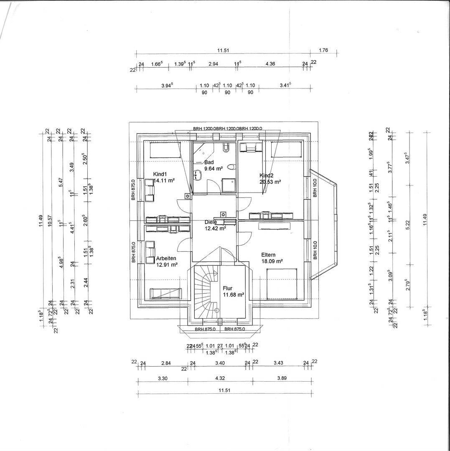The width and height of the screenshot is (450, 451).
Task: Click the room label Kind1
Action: (x=160, y=174)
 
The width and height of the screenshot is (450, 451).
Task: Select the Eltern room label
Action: (x=268, y=255)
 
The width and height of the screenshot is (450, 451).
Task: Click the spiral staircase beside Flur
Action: (x=205, y=292)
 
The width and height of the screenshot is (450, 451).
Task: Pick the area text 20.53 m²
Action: (x=270, y=182)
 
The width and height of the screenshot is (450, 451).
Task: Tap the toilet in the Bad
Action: (x=231, y=167)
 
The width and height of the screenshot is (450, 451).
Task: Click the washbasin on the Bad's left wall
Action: (x=198, y=175)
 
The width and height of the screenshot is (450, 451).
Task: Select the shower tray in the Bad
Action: (x=228, y=185)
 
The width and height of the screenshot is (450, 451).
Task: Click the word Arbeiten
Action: (x=166, y=258)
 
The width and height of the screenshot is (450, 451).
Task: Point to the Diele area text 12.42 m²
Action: (x=215, y=228)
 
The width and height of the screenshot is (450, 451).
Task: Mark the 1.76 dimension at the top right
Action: (x=323, y=51)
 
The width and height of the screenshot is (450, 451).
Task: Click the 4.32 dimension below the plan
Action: (x=219, y=378)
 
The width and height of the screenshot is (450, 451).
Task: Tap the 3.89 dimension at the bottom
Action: (x=282, y=378)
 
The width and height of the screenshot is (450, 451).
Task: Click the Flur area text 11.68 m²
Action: (x=233, y=295)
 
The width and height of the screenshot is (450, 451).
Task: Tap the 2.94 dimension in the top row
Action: (x=213, y=64)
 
